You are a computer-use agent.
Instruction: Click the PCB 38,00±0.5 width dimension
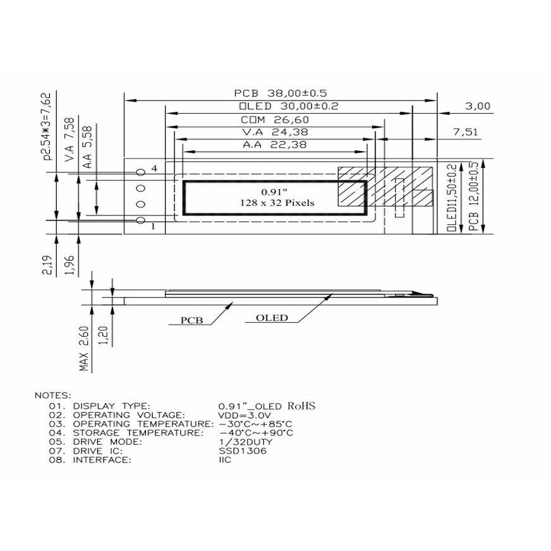pos(279,93)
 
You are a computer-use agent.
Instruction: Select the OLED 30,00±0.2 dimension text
pos(289,106)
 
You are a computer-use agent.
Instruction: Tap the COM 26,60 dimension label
pos(275,119)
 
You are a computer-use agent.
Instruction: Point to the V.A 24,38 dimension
pos(275,132)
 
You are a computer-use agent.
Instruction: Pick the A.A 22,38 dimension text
pos(275,145)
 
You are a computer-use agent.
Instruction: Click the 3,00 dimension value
pos(478,107)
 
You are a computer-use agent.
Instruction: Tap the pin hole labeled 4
pos(141,172)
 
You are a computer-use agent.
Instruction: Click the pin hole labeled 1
pos(141,220)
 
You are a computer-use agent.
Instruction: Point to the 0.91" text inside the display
pos(274,191)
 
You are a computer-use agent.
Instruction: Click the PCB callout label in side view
pos(191,320)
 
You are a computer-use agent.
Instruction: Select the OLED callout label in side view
pos(272,318)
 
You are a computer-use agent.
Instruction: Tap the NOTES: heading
pos(53,395)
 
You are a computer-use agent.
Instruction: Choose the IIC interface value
pos(225,460)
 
